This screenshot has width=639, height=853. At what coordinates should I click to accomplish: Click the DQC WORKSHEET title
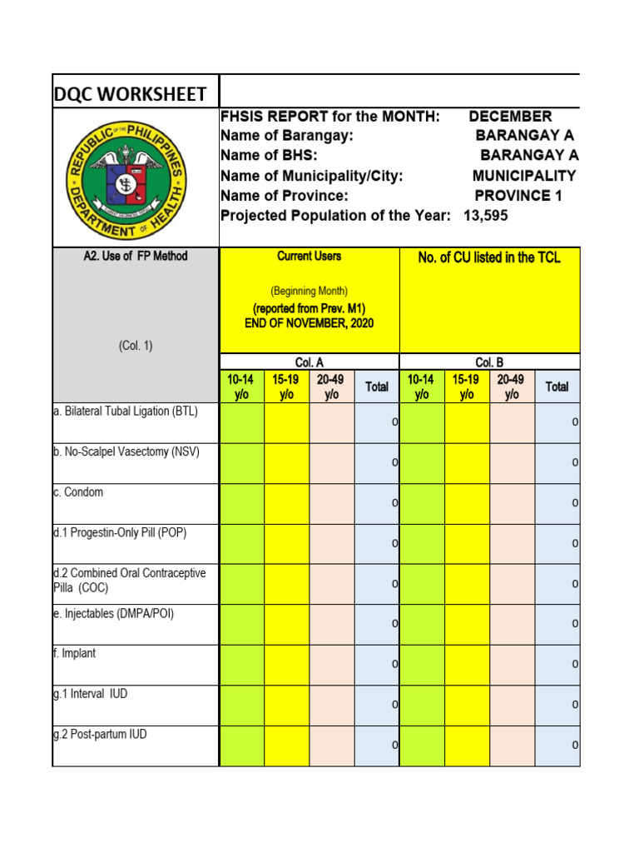coord(131,94)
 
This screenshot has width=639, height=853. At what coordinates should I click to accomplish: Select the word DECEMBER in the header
coord(510,116)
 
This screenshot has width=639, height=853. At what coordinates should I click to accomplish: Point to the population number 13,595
coord(485,216)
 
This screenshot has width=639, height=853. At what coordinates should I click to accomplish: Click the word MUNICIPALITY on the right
coord(524,176)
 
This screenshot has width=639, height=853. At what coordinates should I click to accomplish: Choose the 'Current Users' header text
coord(309,257)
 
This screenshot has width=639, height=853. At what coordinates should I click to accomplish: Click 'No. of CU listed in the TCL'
coord(489,258)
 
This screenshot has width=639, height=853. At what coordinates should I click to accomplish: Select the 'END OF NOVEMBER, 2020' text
coord(309,322)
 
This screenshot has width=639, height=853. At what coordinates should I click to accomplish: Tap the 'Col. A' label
coord(309,362)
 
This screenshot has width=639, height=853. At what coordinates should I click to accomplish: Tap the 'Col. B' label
coord(489,362)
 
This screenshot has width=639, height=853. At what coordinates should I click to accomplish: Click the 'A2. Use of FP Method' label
coord(136,257)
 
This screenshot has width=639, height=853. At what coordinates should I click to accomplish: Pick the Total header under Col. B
coord(557,387)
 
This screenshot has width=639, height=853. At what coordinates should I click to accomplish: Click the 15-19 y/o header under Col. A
coord(286,387)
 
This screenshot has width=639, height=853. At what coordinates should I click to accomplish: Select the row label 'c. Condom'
coord(78,492)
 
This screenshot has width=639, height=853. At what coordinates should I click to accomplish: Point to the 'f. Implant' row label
coord(75,654)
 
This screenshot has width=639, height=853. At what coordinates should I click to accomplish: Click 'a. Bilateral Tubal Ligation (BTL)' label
coord(126,412)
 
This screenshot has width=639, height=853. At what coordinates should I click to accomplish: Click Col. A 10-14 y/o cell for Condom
coord(241,504)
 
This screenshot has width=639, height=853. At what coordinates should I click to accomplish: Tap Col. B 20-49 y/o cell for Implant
coord(512,665)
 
